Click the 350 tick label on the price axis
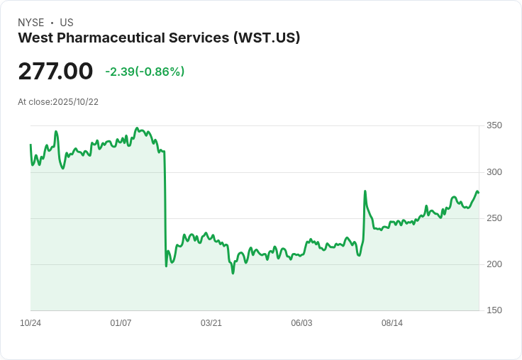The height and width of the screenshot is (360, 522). [494, 125]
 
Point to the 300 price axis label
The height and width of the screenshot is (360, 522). [494, 172]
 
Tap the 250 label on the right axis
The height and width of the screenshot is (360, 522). [494, 218]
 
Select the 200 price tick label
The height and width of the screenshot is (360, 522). [494, 264]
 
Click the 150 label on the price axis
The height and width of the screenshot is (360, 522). [494, 310]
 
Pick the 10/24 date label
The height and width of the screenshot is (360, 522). [30, 323]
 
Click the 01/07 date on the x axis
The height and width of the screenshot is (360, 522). [121, 323]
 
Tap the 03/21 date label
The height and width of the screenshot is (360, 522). [211, 323]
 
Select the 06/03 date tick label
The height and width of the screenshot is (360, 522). [301, 323]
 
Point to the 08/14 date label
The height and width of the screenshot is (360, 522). [392, 323]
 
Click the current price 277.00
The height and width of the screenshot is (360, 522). [55, 71]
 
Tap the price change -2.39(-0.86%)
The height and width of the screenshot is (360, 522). [145, 72]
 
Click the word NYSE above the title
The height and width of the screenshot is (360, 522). [31, 23]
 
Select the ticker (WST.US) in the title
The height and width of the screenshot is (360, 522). [267, 38]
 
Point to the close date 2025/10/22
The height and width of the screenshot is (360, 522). [76, 102]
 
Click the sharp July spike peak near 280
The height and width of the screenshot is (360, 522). [365, 191]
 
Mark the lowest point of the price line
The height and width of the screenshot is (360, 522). [233, 273]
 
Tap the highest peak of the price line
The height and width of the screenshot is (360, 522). [136, 128]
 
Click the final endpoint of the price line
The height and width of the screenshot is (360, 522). [479, 193]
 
